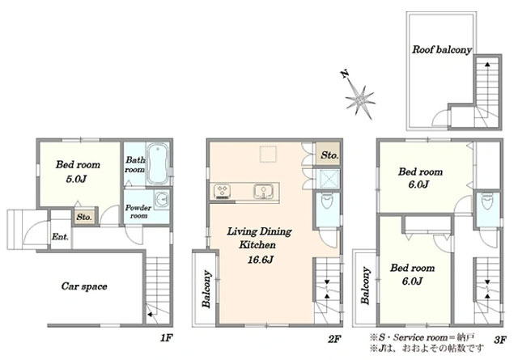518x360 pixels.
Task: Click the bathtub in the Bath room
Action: pyautogui.click(x=158, y=163)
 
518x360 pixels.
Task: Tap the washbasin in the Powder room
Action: pyautogui.click(x=162, y=199)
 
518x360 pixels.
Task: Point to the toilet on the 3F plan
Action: pyautogui.click(x=486, y=201)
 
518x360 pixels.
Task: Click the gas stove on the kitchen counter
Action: pyautogui.click(x=222, y=191)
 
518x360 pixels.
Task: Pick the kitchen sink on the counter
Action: pyautogui.click(x=263, y=192)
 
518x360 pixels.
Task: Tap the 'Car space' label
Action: pyautogui.click(x=84, y=286)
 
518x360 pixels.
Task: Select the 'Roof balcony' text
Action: pyautogui.click(x=442, y=50)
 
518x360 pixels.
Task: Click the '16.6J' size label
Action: pyautogui.click(x=261, y=260)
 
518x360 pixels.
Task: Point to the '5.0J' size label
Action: pyautogui.click(x=76, y=179)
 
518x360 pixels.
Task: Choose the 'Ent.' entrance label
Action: pyautogui.click(x=60, y=237)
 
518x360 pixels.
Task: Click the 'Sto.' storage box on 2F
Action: pyautogui.click(x=329, y=155)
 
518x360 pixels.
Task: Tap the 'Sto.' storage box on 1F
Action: pyautogui.click(x=84, y=217)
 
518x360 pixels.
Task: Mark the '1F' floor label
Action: pyautogui.click(x=167, y=338)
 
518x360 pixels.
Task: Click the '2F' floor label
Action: pyautogui.click(x=334, y=339)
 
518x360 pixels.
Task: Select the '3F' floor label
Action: pyautogui.click(x=500, y=341)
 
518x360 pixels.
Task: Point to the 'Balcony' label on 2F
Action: pyautogui.click(x=206, y=290)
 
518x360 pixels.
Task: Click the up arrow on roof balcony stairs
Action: pyautogui.click(x=487, y=65)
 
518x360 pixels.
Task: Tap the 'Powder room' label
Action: pyautogui.click(x=138, y=212)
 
